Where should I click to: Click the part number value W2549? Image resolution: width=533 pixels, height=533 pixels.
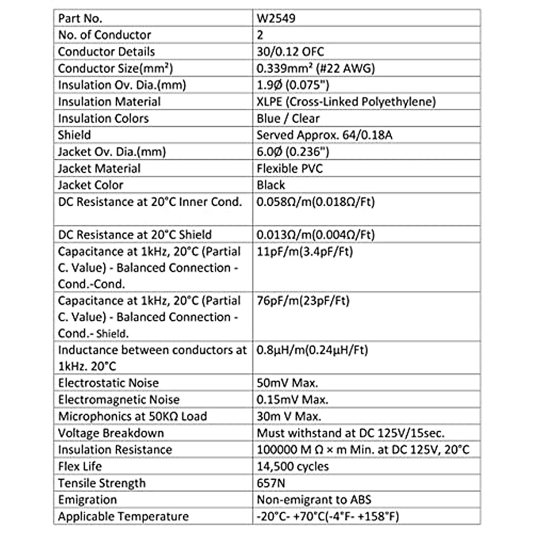point(276,18)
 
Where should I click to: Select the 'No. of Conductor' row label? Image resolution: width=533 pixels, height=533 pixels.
point(104,35)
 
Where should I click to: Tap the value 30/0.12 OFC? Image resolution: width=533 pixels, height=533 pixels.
point(290,52)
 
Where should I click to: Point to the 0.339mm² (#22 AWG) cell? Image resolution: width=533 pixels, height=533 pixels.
point(316,68)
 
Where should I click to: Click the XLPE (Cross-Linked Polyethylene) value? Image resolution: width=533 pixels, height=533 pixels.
point(346,102)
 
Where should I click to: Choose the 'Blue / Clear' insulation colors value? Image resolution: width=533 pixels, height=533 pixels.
point(288,119)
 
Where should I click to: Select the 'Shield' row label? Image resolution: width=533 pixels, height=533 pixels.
point(74,135)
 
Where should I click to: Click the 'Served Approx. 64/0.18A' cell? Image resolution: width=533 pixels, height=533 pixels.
point(324,135)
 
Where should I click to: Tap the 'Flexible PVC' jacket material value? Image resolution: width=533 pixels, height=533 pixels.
point(290,168)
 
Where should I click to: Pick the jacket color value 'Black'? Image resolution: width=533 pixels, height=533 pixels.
point(270,185)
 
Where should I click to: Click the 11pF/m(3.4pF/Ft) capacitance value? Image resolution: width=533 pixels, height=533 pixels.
point(305,252)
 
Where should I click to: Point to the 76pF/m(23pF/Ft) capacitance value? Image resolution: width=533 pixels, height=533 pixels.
point(303,301)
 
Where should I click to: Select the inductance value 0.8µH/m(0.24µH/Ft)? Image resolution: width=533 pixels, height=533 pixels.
point(312,350)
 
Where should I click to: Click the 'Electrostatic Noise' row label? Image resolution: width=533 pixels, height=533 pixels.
point(108,383)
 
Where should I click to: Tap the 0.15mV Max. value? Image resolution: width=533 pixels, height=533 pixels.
point(292,400)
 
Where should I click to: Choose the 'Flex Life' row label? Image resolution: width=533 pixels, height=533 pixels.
point(80,466)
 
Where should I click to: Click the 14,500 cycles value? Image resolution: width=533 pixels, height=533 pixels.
point(293,466)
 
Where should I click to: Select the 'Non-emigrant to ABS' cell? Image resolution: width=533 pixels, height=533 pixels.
point(314,500)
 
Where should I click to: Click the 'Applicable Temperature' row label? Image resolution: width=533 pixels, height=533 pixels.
point(123,517)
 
